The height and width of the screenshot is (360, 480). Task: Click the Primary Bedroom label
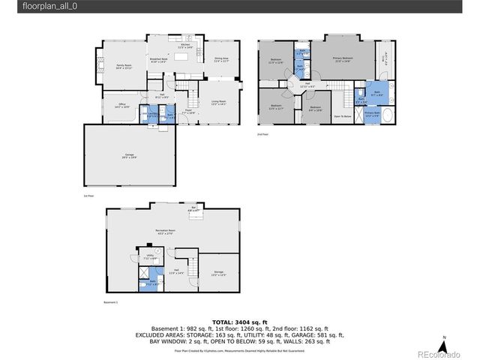tap(343, 59)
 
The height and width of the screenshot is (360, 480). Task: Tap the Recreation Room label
tap(166, 232)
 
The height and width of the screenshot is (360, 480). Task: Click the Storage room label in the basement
tap(218, 272)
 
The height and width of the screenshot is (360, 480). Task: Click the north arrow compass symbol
tap(443, 346)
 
